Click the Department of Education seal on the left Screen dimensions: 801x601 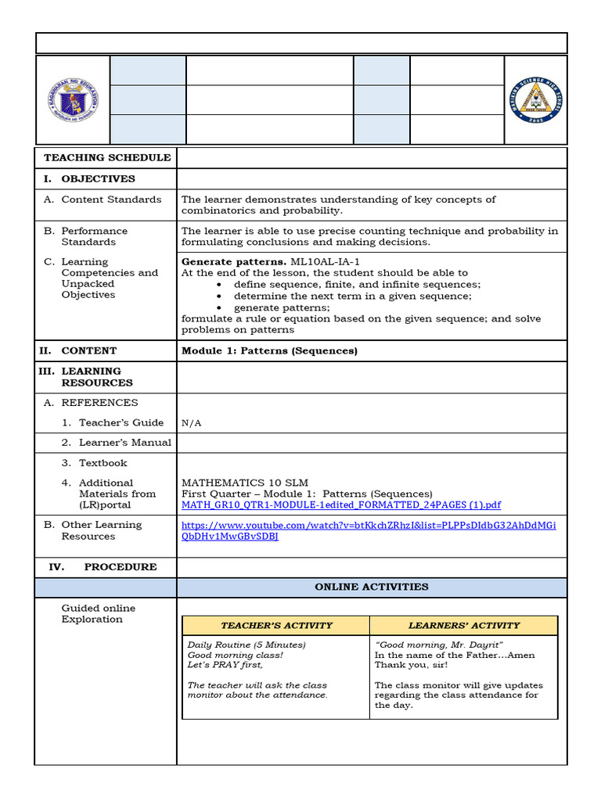pos(72,99)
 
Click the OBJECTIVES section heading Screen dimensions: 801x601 pos(98,178)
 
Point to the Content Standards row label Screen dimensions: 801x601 pos(111,199)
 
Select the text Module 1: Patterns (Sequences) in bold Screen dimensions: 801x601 pos(269,350)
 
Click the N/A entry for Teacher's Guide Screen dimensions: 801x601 pos(192,423)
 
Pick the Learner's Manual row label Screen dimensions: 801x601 pos(124,442)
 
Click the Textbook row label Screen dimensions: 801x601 pos(103,462)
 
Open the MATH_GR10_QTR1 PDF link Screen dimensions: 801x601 pos(341,505)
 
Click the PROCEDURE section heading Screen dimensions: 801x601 pos(121,566)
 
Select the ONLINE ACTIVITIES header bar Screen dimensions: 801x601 pos(371,587)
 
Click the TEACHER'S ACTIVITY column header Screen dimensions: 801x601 pos(276,625)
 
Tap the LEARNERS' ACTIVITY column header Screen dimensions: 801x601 pos(464,625)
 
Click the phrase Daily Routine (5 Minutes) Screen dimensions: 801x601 pos(247,645)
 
